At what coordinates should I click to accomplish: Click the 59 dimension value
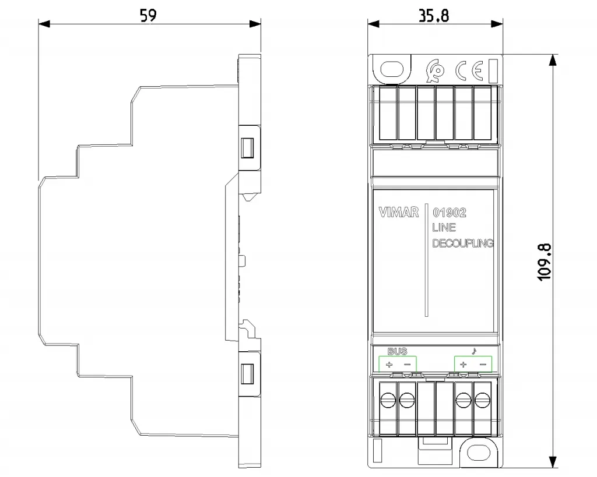click(x=148, y=15)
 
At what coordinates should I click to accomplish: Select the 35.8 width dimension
click(x=434, y=16)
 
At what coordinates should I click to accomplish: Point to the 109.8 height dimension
click(x=545, y=263)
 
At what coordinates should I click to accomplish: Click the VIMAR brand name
click(x=399, y=212)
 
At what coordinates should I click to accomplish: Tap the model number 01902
click(x=449, y=212)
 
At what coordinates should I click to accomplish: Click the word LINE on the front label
click(x=444, y=228)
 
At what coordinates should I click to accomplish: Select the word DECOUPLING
click(x=463, y=243)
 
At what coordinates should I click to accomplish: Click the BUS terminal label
click(x=397, y=351)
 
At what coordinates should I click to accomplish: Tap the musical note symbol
click(x=474, y=351)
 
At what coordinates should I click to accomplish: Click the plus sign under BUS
click(x=389, y=365)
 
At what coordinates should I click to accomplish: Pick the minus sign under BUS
click(x=407, y=365)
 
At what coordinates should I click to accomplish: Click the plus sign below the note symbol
click(x=463, y=365)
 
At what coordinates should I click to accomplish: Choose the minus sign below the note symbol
click(x=483, y=365)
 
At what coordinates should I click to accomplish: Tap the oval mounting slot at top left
click(x=392, y=70)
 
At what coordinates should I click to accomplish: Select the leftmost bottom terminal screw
click(x=388, y=400)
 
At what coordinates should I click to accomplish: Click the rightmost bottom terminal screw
click(x=482, y=400)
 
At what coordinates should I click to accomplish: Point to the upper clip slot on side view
click(x=247, y=147)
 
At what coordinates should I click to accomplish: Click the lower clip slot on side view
click(x=247, y=373)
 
